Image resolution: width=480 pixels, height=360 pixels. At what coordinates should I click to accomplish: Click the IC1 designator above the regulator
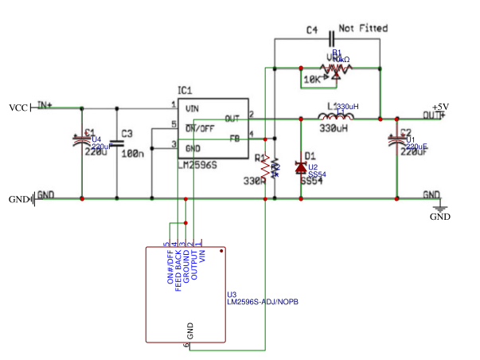point(185,91)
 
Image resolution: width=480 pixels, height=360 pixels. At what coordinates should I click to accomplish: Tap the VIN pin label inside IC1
point(192,108)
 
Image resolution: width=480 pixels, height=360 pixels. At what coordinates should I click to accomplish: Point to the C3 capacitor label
point(127,134)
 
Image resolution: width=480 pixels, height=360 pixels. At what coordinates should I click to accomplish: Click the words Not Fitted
point(363,28)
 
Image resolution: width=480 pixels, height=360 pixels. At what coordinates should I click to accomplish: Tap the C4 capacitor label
point(312,30)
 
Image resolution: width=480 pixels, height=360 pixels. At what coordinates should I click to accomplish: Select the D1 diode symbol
point(300,167)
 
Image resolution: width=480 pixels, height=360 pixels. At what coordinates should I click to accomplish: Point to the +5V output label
point(440,107)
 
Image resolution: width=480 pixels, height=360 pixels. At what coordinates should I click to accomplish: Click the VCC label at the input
point(18,108)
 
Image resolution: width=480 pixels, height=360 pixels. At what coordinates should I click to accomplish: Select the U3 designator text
point(232,294)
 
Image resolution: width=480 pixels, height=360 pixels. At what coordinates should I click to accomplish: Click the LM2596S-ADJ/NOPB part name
point(263,302)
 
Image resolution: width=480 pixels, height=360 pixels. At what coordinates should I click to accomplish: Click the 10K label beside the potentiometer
point(310,80)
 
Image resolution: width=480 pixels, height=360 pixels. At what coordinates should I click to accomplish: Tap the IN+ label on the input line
point(45,104)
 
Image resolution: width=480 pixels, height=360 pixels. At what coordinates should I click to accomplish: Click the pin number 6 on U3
point(185,345)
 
